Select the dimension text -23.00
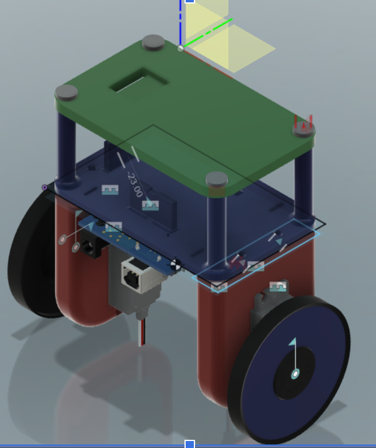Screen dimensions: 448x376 pyautogui.click(x=135, y=185)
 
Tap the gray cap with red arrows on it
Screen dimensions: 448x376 pyautogui.click(x=303, y=127)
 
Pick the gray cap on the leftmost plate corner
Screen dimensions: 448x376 pyautogui.click(x=67, y=92)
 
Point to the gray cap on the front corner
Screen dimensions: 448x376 pyautogui.click(x=217, y=178)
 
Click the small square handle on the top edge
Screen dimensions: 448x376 pyautogui.click(x=189, y=2)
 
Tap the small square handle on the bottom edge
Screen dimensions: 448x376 pyautogui.click(x=189, y=444)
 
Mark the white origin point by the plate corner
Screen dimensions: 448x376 pyautogui.click(x=180, y=48)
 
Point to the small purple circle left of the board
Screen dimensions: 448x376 pyautogui.click(x=44, y=187)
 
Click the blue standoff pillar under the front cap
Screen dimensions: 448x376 pyautogui.click(x=217, y=228)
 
